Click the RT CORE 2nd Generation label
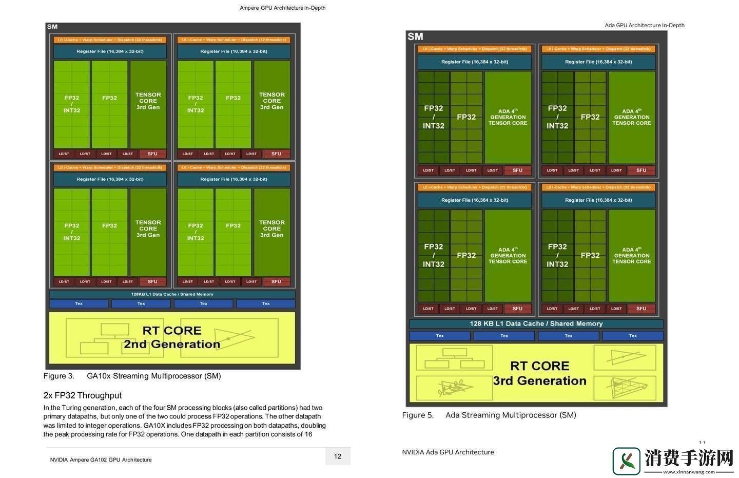click(171, 337)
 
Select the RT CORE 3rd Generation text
click(539, 373)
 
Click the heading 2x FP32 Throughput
click(82, 395)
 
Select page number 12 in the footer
click(338, 456)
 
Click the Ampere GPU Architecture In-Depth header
click(282, 8)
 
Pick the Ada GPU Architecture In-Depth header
click(644, 25)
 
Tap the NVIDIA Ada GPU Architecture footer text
click(448, 452)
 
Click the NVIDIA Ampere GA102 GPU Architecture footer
click(101, 460)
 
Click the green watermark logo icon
click(626, 460)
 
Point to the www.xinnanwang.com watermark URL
click(688, 471)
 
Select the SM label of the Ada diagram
click(415, 36)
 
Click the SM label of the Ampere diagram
click(52, 27)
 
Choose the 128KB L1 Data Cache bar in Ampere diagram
click(172, 294)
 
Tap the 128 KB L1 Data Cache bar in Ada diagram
click(536, 323)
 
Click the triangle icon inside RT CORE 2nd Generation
click(234, 337)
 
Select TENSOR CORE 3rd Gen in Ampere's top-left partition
click(148, 101)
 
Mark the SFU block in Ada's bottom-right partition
click(641, 309)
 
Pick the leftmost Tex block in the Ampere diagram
click(79, 303)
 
